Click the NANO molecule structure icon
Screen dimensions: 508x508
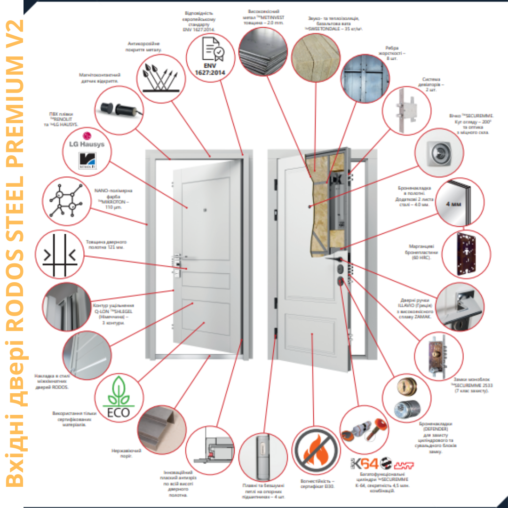click(x=65, y=200)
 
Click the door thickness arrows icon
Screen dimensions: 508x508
click(x=59, y=254)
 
